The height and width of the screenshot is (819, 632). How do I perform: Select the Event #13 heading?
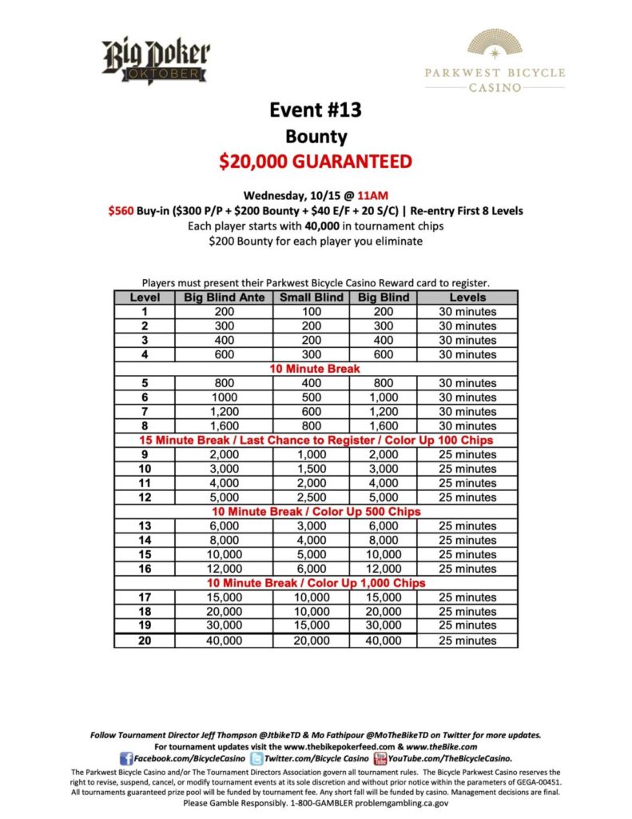pos(316,110)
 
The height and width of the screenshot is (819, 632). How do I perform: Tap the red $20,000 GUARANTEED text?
pos(316,162)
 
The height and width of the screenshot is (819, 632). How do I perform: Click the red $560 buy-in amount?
pos(123,210)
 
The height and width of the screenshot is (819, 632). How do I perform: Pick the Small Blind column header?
pos(311,298)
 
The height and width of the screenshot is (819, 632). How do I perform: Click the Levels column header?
pos(467,298)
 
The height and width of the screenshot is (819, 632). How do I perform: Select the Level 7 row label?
pos(145,412)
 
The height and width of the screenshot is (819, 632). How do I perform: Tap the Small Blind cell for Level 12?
pos(311,497)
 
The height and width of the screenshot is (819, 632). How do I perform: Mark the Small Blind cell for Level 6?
pos(311,398)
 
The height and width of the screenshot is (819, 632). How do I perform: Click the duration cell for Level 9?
pos(467,454)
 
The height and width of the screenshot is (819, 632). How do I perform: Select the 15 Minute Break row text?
pos(316,440)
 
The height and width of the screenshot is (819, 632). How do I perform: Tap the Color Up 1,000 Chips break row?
pos(316,583)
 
